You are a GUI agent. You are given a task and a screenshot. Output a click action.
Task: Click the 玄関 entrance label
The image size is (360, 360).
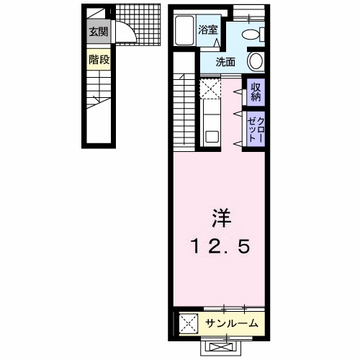point(98,32)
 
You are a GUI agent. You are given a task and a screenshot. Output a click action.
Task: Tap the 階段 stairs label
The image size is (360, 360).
point(99,60)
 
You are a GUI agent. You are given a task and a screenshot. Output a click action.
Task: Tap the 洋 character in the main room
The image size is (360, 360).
point(220,216)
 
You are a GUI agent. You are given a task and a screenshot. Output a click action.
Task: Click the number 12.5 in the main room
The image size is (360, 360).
point(220,247)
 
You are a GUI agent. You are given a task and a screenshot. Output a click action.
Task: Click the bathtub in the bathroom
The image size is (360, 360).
point(187,30)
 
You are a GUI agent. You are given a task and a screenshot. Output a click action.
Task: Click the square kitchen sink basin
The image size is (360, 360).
point(210,135)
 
